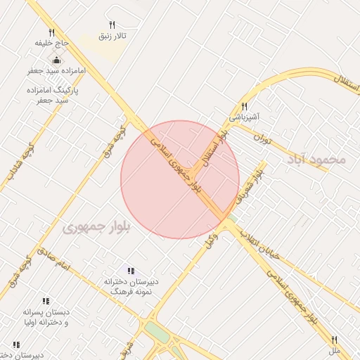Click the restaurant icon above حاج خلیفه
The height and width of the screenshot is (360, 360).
51,32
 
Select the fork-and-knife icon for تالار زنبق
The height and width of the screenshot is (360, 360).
112,25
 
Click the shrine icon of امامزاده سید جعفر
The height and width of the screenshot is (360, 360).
56,60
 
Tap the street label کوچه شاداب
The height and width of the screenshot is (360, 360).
19,162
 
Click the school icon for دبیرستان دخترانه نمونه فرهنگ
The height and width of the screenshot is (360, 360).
131,271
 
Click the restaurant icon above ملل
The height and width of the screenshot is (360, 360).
335,340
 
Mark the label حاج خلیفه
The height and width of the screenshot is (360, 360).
52,43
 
